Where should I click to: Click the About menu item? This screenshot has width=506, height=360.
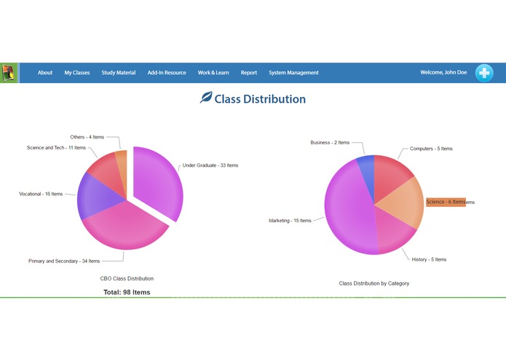45,73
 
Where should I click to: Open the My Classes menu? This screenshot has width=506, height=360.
77,73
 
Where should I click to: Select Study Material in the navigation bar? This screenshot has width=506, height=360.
119,73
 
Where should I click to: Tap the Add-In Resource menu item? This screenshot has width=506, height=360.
167,73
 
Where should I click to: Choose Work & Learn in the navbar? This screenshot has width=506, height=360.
213,73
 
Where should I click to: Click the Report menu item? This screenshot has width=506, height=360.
249,73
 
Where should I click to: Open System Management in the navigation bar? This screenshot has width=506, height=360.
293,73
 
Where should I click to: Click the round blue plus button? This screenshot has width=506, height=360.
484,73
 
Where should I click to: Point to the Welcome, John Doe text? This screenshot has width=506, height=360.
444,73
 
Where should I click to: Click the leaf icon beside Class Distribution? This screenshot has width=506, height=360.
206,98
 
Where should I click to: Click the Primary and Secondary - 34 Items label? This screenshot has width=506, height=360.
64,261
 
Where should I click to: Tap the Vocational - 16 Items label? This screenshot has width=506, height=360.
41,194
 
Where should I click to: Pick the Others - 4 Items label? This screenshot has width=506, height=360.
87,137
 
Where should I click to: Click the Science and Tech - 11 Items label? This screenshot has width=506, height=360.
56,148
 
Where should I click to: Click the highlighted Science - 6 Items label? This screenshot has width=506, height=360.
446,202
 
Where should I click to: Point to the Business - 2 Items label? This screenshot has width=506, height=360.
330,143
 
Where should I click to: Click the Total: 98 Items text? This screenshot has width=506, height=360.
127,292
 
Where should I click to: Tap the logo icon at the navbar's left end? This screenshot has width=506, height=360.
9,73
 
